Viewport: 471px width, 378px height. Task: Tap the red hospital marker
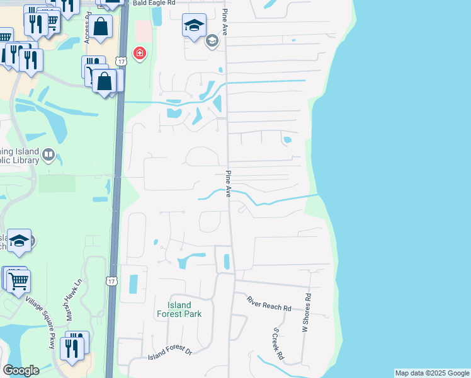click(139, 54)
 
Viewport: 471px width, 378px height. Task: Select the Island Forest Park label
click(179, 309)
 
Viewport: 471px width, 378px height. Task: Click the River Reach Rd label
click(269, 304)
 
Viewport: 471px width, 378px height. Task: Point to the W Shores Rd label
click(307, 312)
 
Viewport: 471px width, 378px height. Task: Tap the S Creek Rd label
click(278, 345)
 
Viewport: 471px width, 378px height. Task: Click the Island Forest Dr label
click(169, 357)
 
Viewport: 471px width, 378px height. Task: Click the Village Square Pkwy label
click(41, 323)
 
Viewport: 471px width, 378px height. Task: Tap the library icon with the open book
click(48, 154)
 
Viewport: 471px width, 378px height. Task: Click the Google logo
click(21, 370)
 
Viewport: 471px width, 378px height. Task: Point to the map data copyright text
click(432, 373)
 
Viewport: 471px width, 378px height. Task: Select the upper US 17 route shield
click(122, 60)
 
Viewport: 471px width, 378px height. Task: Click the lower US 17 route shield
click(111, 279)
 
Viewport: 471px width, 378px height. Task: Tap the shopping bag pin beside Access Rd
click(100, 26)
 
